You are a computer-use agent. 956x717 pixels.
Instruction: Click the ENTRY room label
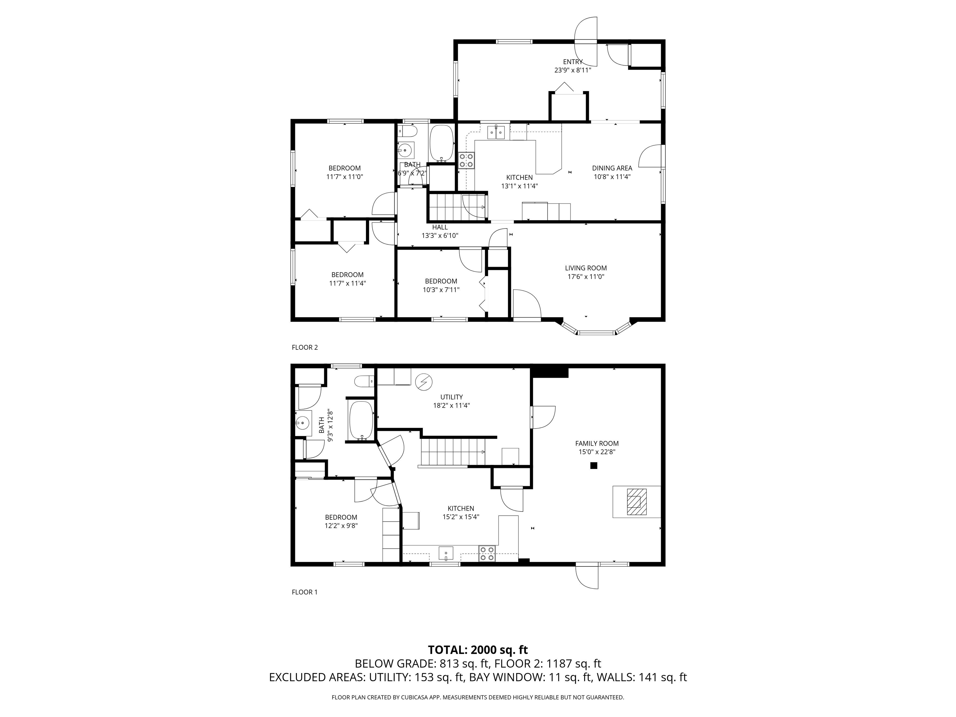point(573,62)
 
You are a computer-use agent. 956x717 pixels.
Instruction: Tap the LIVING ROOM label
point(586,268)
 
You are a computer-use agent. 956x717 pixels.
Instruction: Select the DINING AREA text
point(612,168)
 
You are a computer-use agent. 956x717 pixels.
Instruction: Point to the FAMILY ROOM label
point(597,443)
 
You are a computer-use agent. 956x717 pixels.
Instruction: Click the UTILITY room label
point(452,397)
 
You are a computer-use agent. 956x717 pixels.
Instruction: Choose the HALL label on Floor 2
point(440,227)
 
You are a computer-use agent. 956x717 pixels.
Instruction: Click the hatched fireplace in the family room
point(637,502)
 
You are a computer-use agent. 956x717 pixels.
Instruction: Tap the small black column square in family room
point(594,466)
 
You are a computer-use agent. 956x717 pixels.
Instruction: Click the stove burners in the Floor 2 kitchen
point(466,160)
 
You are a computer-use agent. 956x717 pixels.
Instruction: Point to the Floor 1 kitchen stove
point(487,554)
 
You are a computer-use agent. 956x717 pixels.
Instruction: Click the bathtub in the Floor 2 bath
point(442,143)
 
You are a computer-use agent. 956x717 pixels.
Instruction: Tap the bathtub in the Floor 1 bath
point(361,420)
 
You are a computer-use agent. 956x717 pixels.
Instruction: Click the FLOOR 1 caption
point(305,592)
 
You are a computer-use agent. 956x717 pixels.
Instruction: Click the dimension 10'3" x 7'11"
point(441,290)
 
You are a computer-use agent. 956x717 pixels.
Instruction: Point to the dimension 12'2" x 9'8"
point(341,526)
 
